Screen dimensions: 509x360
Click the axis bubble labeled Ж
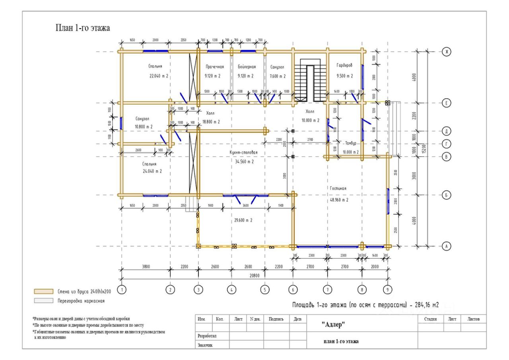(447, 52)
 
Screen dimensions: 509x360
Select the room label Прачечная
(215, 67)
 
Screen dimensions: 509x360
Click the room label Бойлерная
(247, 67)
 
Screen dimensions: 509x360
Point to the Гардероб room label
(344, 66)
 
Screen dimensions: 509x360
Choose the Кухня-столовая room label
(244, 152)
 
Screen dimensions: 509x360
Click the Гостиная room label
(338, 188)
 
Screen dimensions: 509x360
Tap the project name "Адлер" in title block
(333, 324)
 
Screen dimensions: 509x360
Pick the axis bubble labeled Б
(447, 195)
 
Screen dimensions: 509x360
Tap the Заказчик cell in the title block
(205, 345)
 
